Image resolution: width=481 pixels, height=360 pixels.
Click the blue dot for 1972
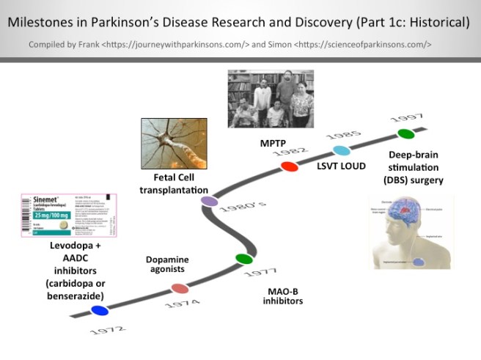(100, 311)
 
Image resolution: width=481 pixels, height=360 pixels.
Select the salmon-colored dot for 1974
(179, 289)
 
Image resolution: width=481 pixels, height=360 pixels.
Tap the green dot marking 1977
(244, 258)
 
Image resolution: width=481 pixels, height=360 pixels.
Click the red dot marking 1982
(290, 166)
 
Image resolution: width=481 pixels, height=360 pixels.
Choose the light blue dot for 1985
(342, 150)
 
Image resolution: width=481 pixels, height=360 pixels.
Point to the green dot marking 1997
(405, 133)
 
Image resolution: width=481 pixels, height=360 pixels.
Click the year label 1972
(108, 330)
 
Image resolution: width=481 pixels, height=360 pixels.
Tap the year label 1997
(406, 117)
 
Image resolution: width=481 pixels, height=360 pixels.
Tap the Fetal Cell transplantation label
(174, 184)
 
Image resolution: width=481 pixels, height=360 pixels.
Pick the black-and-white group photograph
(271, 99)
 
